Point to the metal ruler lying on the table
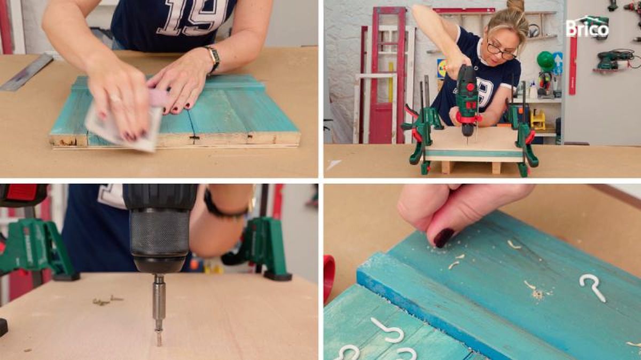[26, 73]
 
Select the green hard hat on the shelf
[545, 61]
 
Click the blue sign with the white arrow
[558, 63]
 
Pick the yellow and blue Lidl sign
[442, 68]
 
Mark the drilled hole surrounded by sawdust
[537, 294]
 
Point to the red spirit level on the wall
[573, 66]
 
